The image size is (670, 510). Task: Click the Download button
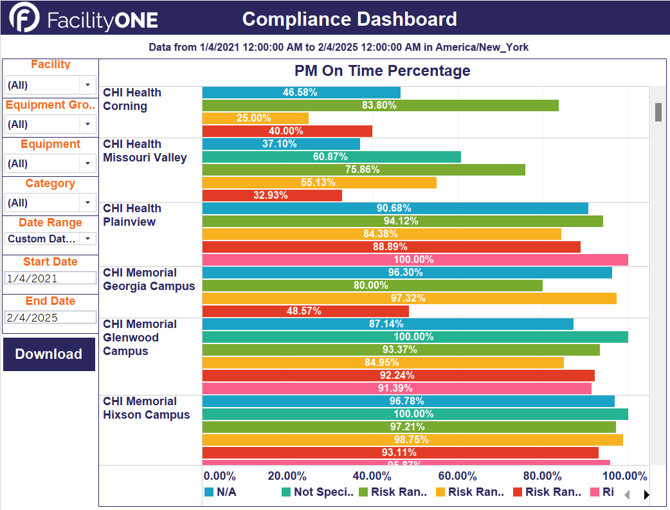click(49, 354)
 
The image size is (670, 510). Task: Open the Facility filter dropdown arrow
click(87, 85)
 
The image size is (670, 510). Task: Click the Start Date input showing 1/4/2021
click(50, 278)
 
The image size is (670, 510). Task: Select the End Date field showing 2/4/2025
click(50, 317)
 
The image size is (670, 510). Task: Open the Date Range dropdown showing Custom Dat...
click(87, 239)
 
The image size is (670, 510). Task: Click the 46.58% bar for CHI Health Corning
click(301, 93)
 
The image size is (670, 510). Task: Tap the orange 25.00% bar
click(255, 118)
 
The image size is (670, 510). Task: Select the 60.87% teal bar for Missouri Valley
click(331, 157)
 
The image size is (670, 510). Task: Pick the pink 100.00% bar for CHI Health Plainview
click(415, 260)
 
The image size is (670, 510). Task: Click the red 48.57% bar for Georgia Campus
click(305, 311)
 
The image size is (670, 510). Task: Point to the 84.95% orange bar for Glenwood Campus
click(383, 363)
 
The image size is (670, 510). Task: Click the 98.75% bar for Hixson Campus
click(412, 440)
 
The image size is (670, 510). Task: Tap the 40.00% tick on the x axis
click(372, 477)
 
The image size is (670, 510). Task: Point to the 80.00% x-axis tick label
click(542, 477)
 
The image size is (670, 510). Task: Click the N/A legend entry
click(221, 492)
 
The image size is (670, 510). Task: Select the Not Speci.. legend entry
click(318, 492)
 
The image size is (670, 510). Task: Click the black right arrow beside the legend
click(646, 495)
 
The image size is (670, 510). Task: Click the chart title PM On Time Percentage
click(382, 71)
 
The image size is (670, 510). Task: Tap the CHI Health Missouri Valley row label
click(145, 151)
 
